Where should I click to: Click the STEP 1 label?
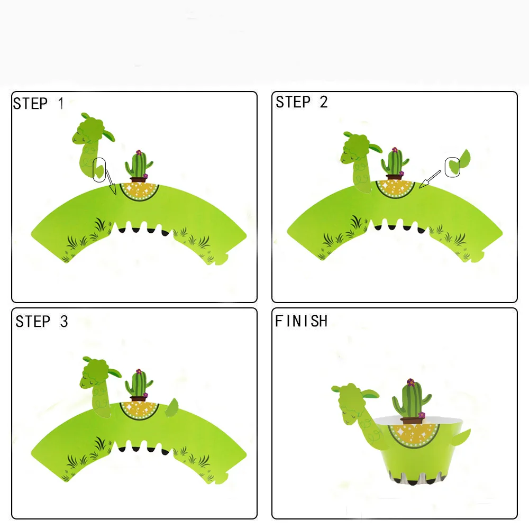click(38, 104)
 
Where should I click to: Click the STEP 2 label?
click(302, 102)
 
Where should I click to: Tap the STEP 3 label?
click(41, 322)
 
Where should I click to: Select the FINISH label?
click(301, 321)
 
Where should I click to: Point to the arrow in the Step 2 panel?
click(430, 179)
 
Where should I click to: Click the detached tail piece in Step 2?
click(458, 162)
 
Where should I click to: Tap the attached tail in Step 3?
click(172, 408)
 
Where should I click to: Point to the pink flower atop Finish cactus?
click(411, 382)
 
